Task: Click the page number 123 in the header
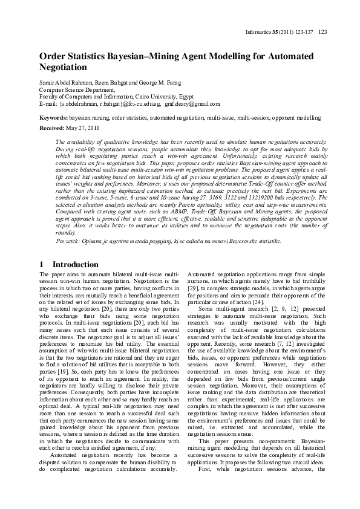[x=322, y=31]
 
